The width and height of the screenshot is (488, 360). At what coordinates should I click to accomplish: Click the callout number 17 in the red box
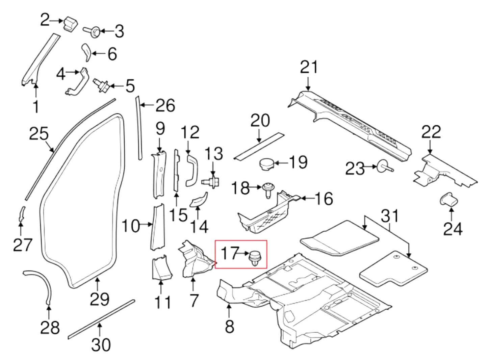[229, 253]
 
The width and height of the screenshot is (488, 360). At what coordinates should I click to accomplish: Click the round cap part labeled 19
[266, 165]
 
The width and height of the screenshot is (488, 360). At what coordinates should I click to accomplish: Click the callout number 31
[390, 216]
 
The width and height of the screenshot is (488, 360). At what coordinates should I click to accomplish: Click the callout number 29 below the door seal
[100, 299]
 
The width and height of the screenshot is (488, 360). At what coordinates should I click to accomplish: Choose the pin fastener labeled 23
[384, 167]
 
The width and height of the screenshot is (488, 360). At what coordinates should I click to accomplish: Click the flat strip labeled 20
[258, 146]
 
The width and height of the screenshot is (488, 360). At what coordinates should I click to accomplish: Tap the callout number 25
[39, 134]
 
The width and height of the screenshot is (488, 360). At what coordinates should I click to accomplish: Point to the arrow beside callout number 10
[146, 224]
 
